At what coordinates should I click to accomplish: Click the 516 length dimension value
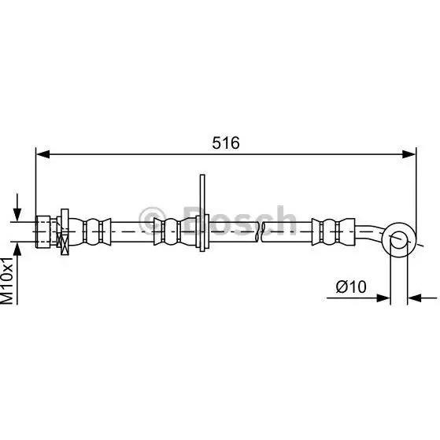(226, 142)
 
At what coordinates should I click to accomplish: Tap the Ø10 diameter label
(351, 287)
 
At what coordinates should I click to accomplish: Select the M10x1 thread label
(7, 281)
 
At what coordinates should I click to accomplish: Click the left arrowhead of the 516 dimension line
(43, 154)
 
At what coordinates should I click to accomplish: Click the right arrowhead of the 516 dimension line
(409, 154)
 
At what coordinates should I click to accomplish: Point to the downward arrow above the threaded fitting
(17, 207)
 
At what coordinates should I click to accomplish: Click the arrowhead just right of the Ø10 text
(383, 298)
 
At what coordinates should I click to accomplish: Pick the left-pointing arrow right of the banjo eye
(422, 298)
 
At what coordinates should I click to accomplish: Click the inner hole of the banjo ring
(399, 240)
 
